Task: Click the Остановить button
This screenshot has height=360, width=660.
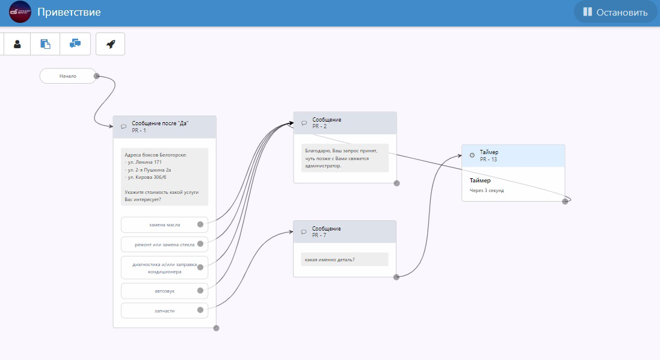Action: (615, 12)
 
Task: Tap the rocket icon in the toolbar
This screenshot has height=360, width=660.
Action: (110, 44)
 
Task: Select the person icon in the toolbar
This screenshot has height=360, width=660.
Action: (17, 44)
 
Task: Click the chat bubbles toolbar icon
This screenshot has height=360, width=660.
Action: (75, 44)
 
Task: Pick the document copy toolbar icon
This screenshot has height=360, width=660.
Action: (45, 44)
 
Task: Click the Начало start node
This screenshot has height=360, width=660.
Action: (68, 76)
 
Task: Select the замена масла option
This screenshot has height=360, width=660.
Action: (165, 225)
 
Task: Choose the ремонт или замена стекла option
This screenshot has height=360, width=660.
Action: (165, 244)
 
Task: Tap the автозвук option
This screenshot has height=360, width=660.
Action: (165, 291)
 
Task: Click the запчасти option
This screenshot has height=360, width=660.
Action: (165, 310)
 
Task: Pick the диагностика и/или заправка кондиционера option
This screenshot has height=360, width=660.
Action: (165, 268)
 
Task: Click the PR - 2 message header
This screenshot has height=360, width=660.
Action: (345, 123)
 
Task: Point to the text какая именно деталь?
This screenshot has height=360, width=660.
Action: (330, 259)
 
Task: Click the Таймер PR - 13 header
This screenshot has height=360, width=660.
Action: (513, 156)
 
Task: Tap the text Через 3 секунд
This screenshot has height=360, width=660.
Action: (487, 190)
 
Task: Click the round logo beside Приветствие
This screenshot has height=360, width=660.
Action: (20, 12)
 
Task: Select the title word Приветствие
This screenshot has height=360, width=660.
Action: (69, 12)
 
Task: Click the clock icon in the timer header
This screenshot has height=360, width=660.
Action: (472, 155)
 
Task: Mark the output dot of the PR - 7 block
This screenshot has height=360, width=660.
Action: (396, 277)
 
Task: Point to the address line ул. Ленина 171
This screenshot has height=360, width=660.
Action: (143, 162)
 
